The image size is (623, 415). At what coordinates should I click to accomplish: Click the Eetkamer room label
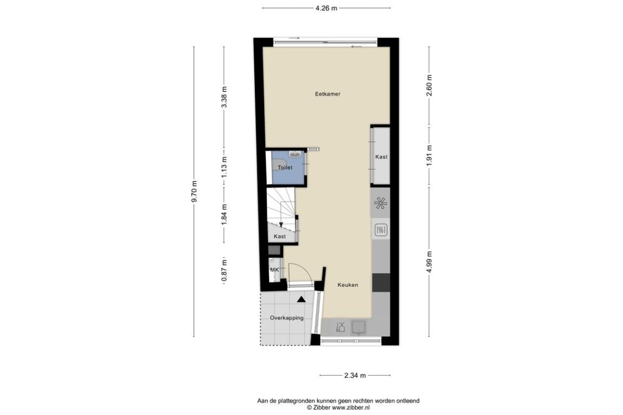coord(328,94)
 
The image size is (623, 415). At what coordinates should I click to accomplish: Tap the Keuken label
coord(348,285)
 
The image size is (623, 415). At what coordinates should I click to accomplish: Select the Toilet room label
coord(285,168)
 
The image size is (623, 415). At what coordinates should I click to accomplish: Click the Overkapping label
coord(287,317)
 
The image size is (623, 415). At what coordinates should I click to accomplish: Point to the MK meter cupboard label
coord(274,270)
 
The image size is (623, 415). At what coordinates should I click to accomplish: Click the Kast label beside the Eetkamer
coord(381,157)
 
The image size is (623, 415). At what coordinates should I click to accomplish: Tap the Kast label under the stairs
coord(279,236)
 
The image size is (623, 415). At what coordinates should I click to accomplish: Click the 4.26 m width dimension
coord(326,8)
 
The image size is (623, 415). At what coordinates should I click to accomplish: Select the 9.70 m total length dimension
coord(194,191)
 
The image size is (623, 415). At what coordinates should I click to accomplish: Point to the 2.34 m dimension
coord(355,376)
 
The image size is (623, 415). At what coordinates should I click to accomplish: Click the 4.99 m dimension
coord(429,262)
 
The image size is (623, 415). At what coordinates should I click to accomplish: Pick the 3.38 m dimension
coord(224,97)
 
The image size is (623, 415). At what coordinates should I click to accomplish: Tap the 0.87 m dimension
coord(224,271)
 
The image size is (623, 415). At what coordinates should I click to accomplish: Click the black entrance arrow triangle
coord(302,300)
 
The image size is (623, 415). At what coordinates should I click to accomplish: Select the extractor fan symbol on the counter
coord(381,203)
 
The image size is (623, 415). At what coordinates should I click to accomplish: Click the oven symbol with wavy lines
coord(381,230)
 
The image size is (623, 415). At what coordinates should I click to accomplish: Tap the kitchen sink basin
coord(359,327)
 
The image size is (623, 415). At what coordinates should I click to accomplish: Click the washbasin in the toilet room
coord(295,154)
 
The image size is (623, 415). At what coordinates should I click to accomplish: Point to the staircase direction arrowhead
coord(281,225)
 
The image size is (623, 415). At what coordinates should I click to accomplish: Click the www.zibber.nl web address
coord(351,408)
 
